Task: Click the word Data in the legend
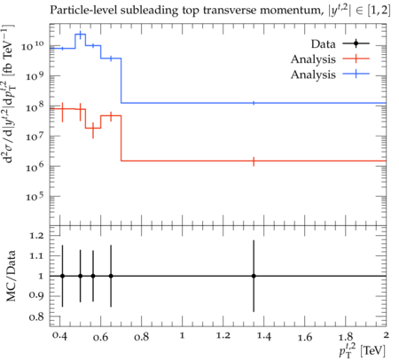(x=323, y=44)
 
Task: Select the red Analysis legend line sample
(x=356, y=59)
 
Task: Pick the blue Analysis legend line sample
(x=356, y=74)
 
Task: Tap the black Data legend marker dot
(x=356, y=43)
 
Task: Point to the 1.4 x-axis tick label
(x=263, y=336)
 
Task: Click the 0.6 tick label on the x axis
(x=100, y=337)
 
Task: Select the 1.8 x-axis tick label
(x=346, y=337)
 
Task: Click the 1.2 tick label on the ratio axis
(x=36, y=236)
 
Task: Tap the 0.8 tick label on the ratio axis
(x=36, y=317)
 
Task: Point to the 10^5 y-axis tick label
(x=35, y=196)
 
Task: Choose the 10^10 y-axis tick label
(x=33, y=46)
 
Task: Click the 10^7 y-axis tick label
(x=35, y=137)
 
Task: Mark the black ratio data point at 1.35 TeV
(x=254, y=276)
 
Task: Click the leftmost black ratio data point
(x=62, y=276)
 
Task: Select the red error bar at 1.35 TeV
(x=254, y=161)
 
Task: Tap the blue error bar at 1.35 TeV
(x=254, y=103)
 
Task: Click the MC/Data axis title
(x=11, y=276)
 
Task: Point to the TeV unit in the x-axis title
(x=373, y=351)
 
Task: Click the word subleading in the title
(x=150, y=11)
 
